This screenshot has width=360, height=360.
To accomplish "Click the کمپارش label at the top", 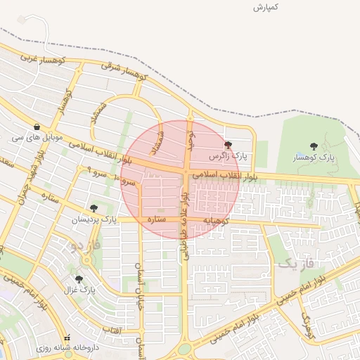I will [267, 7].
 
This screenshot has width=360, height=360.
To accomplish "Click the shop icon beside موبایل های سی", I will [36, 127].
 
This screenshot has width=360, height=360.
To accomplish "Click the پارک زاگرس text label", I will [229, 155].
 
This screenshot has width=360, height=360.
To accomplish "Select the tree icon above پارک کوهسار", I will [313, 146].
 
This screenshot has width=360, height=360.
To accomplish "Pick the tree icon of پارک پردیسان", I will [93, 208].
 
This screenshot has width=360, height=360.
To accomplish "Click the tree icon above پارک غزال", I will [78, 278].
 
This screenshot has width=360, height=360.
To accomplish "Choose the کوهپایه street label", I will [217, 221].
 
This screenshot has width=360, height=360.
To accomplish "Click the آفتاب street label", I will [112, 329].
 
